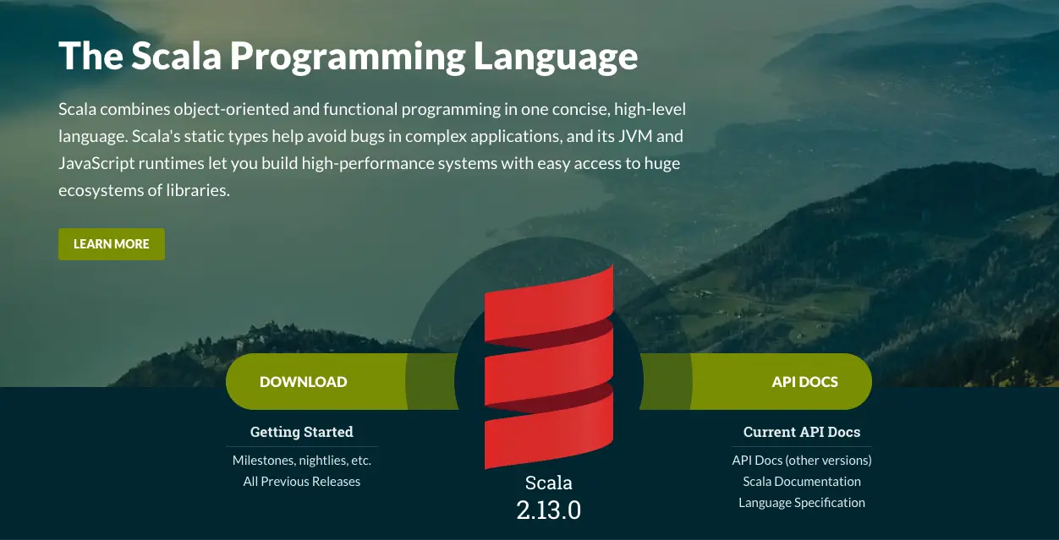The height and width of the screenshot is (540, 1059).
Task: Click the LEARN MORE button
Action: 112,243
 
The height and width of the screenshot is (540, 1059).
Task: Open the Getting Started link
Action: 302,432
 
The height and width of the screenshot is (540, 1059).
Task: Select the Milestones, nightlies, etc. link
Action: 302,461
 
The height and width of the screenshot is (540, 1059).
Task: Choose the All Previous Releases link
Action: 302,482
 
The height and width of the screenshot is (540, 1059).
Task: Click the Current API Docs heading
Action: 802,432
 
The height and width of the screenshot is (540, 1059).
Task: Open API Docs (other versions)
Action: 802,461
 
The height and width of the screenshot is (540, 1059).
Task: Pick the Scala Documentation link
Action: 802,482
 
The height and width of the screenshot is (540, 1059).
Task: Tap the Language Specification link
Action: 802,503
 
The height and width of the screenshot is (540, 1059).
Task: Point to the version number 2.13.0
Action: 548,510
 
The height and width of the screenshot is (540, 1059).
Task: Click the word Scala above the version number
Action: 548,483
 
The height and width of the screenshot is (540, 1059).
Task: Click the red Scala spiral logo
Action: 549,367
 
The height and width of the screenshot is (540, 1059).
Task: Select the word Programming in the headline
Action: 348,57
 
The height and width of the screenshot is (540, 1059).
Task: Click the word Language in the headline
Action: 556,57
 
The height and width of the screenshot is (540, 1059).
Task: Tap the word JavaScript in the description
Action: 96,163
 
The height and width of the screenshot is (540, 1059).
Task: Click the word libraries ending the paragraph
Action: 198,190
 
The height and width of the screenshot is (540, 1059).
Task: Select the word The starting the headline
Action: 91,57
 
